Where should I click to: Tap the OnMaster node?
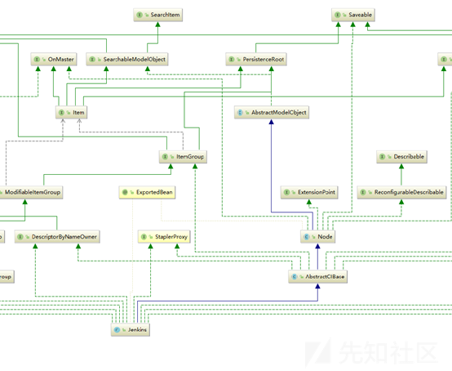55,60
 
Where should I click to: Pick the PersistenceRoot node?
255,60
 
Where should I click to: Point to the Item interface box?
74,112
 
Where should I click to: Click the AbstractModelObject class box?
272,113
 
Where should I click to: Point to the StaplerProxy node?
163,237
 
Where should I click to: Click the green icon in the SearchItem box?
143,15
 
